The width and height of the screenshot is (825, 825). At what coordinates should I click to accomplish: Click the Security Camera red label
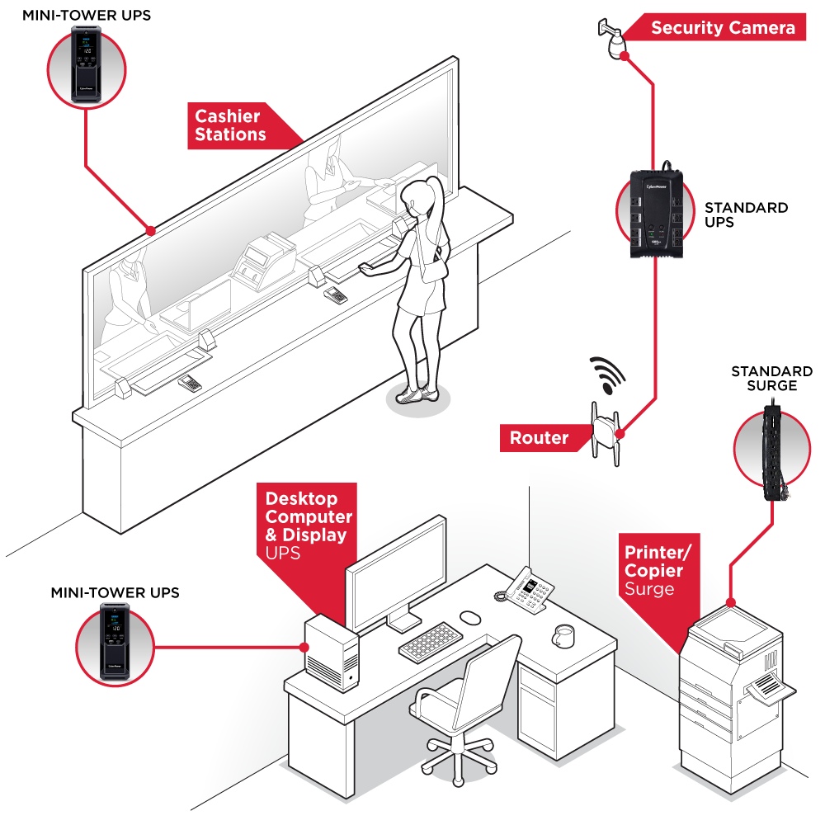tap(723, 28)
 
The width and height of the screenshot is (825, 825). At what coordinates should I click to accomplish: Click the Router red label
tap(538, 437)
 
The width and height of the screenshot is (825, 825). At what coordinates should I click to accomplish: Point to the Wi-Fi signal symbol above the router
tap(608, 375)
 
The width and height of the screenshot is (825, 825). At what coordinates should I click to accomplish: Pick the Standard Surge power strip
tap(772, 450)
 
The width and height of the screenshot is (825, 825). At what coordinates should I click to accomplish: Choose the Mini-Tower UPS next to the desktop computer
tap(115, 643)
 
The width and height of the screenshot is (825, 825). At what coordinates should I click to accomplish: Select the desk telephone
tap(526, 590)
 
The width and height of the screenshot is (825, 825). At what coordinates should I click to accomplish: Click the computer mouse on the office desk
tap(470, 617)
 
